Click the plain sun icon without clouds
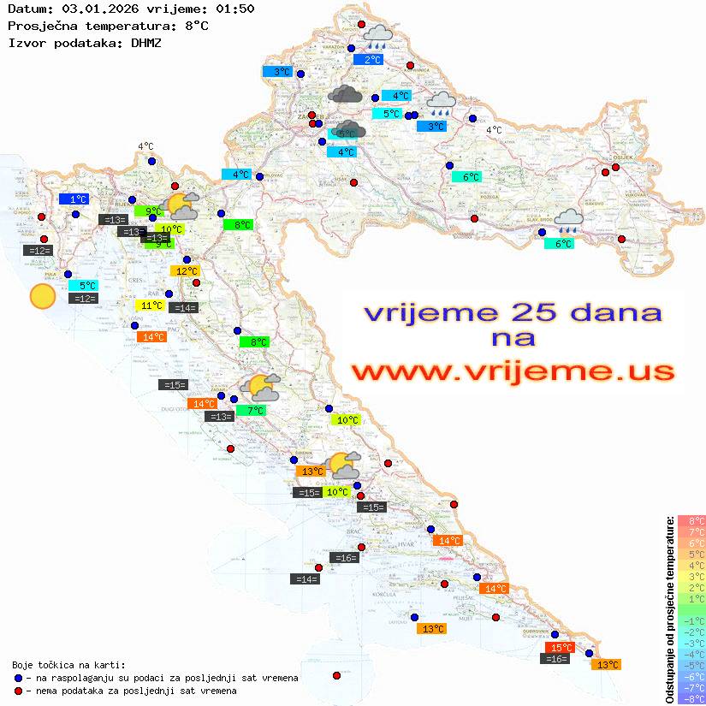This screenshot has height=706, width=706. click(x=42, y=296)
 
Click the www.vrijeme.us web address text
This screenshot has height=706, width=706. click(x=513, y=371)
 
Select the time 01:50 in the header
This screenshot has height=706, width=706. click(x=234, y=9)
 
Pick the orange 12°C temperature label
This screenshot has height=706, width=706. click(x=186, y=271)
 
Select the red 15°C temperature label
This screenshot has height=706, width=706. click(x=560, y=648)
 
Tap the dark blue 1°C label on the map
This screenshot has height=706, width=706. click(x=74, y=199)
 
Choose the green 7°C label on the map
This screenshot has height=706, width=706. click(x=254, y=411)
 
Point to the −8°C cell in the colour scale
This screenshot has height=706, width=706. click(x=691, y=698)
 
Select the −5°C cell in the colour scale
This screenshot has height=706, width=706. click(x=691, y=665)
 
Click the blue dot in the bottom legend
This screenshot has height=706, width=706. click(x=19, y=678)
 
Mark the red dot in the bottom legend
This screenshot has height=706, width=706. click(x=19, y=691)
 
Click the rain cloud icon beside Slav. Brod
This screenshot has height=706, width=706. click(x=568, y=221)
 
